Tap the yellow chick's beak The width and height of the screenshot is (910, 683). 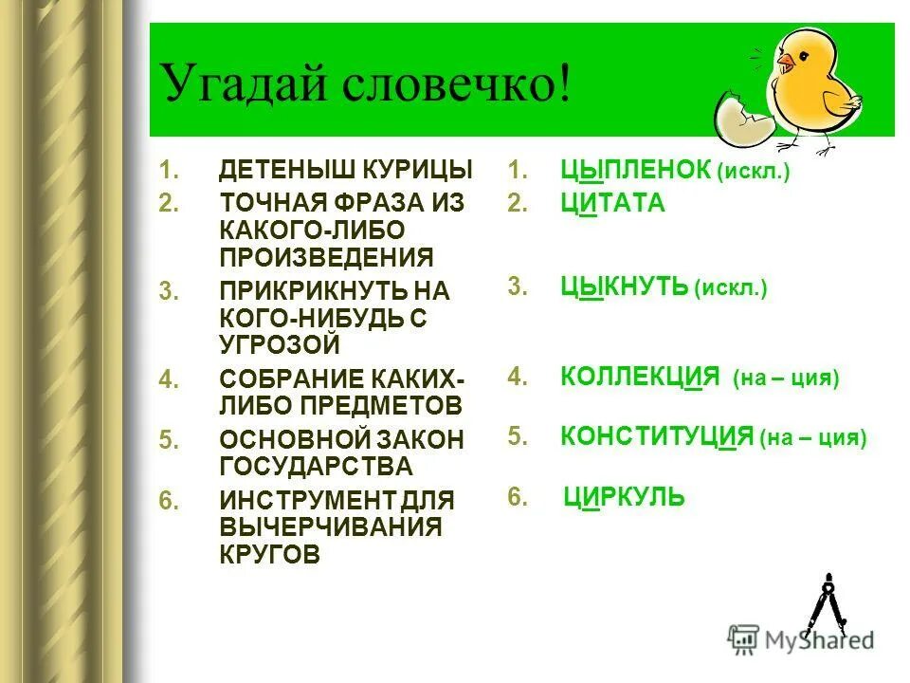coord(786,62)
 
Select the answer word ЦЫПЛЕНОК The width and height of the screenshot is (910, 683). coord(635,171)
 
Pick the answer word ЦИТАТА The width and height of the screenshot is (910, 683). coord(612,204)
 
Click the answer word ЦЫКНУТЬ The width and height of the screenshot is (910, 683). coord(624,287)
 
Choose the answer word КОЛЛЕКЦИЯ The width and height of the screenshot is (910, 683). coord(641,377)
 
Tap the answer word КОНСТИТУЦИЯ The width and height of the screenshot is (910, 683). coord(657,436)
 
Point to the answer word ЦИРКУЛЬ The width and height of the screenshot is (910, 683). coord(624,497)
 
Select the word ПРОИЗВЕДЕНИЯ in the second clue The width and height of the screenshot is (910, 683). coord(327,257)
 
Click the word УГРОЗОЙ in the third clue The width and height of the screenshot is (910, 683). coord(280,345)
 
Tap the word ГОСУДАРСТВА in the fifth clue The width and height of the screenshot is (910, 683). coord(317,466)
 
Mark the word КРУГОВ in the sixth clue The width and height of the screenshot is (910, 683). coord(270,555)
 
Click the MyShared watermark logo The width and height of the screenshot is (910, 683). coord(801,638)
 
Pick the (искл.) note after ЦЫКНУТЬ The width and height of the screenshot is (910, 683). coord(731,289)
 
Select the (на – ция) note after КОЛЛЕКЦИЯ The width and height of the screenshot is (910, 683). coord(786,378)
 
